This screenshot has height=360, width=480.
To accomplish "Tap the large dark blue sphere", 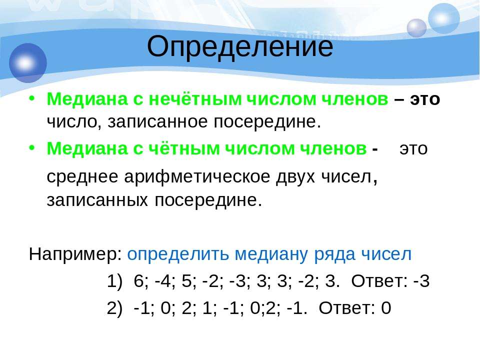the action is click(x=28, y=63).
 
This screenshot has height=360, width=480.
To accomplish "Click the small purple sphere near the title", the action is click(x=416, y=28).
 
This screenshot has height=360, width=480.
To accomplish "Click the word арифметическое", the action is click(x=197, y=177).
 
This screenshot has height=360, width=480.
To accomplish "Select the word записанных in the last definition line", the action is click(x=97, y=200).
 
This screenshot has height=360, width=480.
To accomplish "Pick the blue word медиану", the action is click(x=270, y=254).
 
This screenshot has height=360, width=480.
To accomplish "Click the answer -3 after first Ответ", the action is click(x=421, y=281).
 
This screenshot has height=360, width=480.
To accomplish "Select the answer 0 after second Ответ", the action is click(x=386, y=308).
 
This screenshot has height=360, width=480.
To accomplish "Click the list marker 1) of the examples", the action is click(x=114, y=281).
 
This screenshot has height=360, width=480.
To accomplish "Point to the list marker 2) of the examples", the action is click(x=114, y=308).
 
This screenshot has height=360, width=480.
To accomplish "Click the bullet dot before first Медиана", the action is click(x=32, y=99).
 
